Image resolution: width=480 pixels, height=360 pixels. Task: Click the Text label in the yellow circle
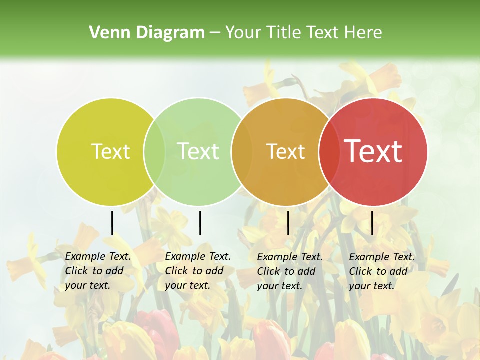(x=110, y=151)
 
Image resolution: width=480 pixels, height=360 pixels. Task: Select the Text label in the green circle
(x=198, y=151)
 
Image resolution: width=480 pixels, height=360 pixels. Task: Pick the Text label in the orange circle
(x=285, y=152)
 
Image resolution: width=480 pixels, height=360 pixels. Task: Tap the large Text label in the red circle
(x=373, y=151)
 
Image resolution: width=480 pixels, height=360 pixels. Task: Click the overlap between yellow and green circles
(x=154, y=152)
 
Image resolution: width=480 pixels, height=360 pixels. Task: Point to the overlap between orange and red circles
(x=327, y=152)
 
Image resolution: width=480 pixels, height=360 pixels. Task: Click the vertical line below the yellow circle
(x=112, y=223)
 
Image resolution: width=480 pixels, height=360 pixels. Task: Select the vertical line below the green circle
(x=200, y=223)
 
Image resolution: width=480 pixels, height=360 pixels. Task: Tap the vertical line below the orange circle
(x=288, y=223)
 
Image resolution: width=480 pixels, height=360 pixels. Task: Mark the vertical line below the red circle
(x=372, y=223)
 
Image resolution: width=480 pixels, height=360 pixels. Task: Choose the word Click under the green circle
(x=176, y=271)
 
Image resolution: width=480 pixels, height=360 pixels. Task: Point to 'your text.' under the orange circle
(x=279, y=286)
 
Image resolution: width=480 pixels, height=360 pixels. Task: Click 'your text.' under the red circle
(x=371, y=286)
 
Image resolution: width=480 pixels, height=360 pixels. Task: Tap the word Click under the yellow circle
(x=76, y=271)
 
